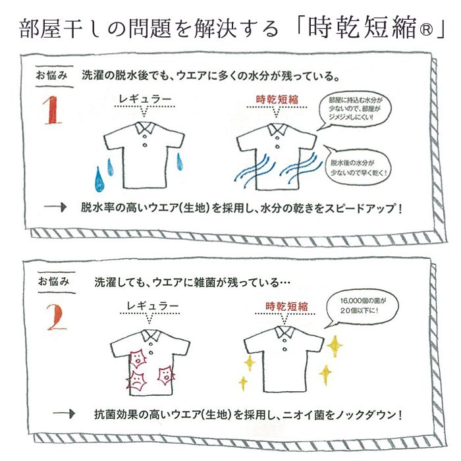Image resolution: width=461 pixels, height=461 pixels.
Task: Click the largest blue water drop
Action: [x=99, y=179]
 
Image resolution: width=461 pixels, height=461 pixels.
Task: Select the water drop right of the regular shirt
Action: [x=179, y=161]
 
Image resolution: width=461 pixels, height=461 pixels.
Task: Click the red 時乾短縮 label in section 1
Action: [x=277, y=99]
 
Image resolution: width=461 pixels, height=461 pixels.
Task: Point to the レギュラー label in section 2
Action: [x=152, y=306]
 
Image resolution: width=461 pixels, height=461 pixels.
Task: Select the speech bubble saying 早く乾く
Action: [x=360, y=166]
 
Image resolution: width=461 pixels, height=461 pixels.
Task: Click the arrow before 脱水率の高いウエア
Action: [x=55, y=207]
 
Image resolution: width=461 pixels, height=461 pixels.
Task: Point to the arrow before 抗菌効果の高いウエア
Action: [x=64, y=414]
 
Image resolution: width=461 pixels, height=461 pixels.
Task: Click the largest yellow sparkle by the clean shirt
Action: [x=335, y=346]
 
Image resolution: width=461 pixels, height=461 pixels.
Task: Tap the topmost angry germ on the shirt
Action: [x=137, y=358]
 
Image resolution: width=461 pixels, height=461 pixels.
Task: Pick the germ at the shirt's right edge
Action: [x=166, y=376]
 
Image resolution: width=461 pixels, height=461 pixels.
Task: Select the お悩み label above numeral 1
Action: [x=52, y=75]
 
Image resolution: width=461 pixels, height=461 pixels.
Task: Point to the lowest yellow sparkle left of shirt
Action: [x=244, y=383]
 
